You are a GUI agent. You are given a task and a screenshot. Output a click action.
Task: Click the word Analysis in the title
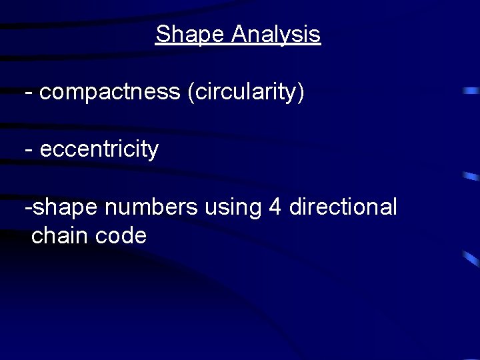[x=276, y=35]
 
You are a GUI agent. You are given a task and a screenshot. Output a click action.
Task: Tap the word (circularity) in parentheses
[x=246, y=93]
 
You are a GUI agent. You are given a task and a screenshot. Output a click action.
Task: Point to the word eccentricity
[x=99, y=150]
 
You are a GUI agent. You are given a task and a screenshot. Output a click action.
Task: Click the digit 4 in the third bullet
[x=274, y=207]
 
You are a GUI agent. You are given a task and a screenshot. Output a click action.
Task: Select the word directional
[x=343, y=207]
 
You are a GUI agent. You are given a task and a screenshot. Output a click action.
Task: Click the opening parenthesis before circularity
[x=191, y=93]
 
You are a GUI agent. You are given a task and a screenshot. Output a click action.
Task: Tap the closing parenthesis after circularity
[x=301, y=93]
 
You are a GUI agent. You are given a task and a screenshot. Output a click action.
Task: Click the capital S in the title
[x=162, y=35]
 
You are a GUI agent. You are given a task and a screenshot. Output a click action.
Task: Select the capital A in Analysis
[x=239, y=35]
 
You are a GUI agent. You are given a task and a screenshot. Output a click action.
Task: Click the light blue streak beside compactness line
[x=471, y=90]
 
